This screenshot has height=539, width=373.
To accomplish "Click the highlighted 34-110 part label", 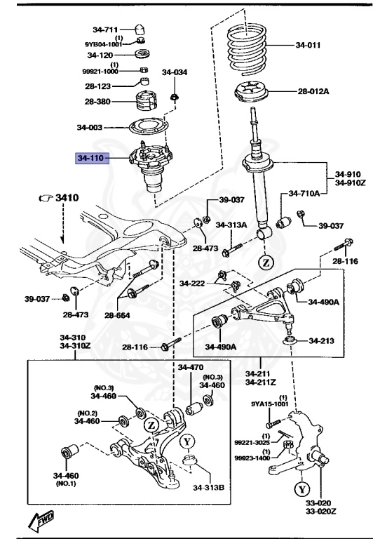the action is coord(92,158).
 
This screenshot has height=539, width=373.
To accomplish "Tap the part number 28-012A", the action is coord(313,91).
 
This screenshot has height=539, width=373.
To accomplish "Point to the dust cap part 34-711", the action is coord(139,29).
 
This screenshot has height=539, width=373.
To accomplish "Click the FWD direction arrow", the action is coord(41,521).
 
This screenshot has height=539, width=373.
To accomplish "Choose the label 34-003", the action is coord(90,128).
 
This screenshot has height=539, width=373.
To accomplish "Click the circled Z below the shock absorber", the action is coord(266,263).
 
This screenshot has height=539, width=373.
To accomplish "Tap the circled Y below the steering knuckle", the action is coord(302,488).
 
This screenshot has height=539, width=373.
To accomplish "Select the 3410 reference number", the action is coord(67,198).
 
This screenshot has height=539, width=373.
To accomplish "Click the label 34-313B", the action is coord(208,487).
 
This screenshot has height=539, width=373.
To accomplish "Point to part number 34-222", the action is coord(192,284).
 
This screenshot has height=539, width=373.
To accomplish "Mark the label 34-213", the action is coord(322,340).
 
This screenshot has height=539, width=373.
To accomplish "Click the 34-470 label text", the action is coord(191,368).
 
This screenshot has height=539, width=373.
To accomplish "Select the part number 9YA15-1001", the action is coord(270,404).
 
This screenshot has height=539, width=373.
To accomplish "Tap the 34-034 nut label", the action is coord(175,72).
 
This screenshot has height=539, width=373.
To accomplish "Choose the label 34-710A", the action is coord(304,194).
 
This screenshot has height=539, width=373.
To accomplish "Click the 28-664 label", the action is coord(117,315).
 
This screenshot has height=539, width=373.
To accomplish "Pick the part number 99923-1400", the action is coord(252,458).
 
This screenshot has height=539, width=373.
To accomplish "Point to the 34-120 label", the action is coord(100,55).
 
